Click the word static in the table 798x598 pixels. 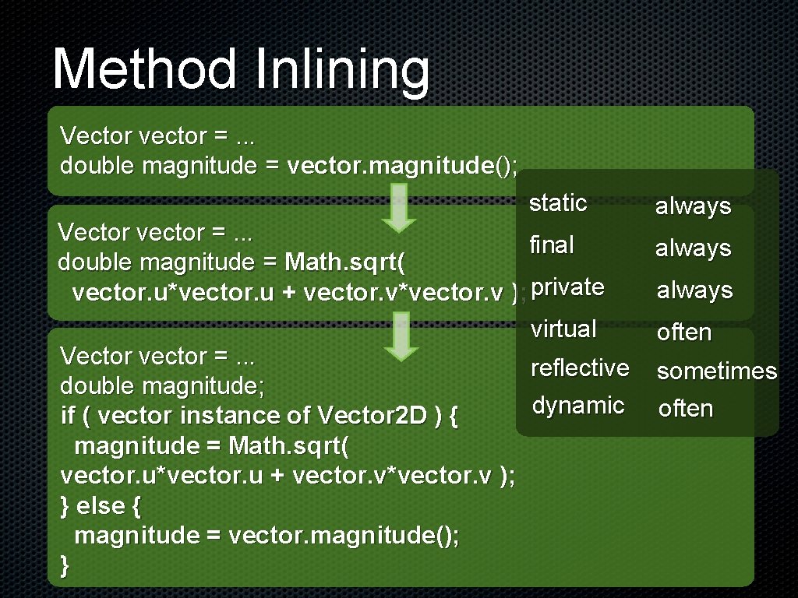coord(558,203)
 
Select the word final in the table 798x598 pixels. coord(551,245)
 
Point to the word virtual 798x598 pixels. coord(563,329)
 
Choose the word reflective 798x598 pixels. coord(580,368)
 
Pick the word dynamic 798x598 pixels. coord(578,405)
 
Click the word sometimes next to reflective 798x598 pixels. coord(717,371)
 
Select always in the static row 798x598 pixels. coord(693,206)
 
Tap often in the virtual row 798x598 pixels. coord(684,332)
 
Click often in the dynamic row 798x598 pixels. coord(686,408)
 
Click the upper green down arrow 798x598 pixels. coord(399,209)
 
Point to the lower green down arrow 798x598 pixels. coord(401,336)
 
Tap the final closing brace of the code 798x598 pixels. coord(65,566)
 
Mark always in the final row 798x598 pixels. coord(693,248)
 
